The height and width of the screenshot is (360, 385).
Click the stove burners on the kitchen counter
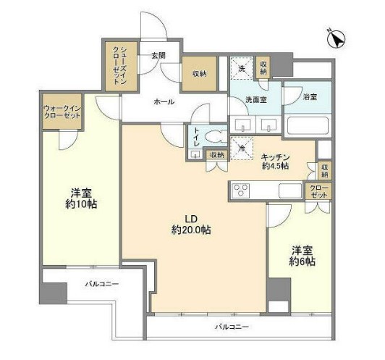click(x=240, y=191)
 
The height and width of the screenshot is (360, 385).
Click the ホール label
click(x=163, y=102)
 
